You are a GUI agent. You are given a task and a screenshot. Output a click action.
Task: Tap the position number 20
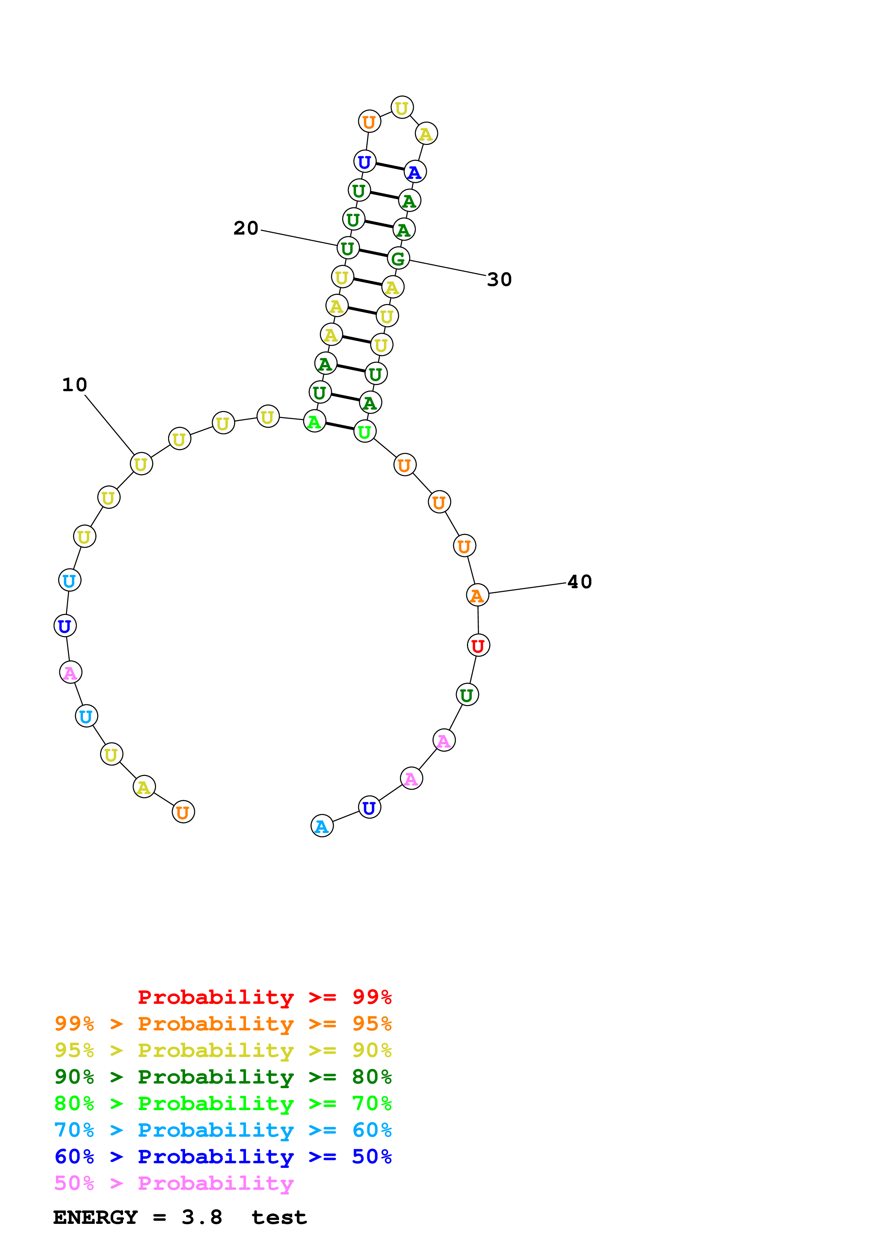(x=245, y=229)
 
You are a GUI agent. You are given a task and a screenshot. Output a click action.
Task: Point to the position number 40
(x=579, y=582)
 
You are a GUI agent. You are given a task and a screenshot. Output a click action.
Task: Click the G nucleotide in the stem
(x=398, y=259)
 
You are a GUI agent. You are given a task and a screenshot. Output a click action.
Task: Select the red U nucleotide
(x=478, y=645)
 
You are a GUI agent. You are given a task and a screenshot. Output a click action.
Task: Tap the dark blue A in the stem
(x=415, y=172)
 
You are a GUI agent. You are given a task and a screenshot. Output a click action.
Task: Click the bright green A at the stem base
(x=314, y=422)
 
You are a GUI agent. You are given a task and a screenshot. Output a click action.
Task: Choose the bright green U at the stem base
(x=365, y=432)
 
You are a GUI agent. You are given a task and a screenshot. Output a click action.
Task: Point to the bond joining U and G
(x=373, y=253)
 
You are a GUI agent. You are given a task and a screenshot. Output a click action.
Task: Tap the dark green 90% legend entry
(x=223, y=1077)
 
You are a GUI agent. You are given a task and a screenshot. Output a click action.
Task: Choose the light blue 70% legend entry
(x=223, y=1130)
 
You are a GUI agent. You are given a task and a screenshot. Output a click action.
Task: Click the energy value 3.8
(x=201, y=1217)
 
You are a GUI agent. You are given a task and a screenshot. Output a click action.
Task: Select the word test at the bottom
(x=279, y=1217)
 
